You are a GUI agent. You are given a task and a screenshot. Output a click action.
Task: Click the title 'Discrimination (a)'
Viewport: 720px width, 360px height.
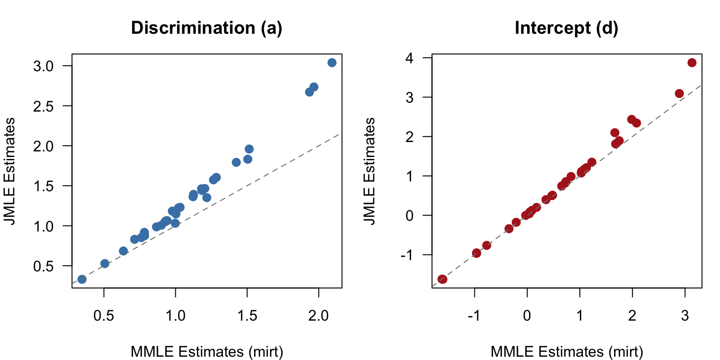tap(206, 28)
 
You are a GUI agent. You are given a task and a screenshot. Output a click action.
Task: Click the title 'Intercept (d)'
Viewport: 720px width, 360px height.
tap(566, 28)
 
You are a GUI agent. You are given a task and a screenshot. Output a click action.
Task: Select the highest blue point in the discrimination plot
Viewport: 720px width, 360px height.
tap(332, 63)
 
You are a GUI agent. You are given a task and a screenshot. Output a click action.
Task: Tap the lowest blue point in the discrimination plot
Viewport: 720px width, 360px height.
tap(82, 279)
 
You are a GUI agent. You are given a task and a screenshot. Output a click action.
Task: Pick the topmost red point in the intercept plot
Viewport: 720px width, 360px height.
tap(692, 63)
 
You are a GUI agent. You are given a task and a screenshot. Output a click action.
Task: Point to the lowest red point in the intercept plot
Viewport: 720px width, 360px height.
tap(442, 279)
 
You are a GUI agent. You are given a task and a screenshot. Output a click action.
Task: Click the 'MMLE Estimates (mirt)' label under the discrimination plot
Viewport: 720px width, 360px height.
tap(206, 351)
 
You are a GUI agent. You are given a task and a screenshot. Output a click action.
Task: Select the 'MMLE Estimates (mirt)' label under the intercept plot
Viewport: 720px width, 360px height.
tap(566, 351)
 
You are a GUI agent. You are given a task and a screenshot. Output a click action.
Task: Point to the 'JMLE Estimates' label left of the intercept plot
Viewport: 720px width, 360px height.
tap(370, 171)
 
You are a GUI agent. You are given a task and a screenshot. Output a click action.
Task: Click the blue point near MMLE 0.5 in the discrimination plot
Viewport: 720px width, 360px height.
tap(105, 263)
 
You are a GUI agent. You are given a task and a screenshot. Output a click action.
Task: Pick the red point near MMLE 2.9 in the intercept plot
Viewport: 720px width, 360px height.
tap(679, 94)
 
